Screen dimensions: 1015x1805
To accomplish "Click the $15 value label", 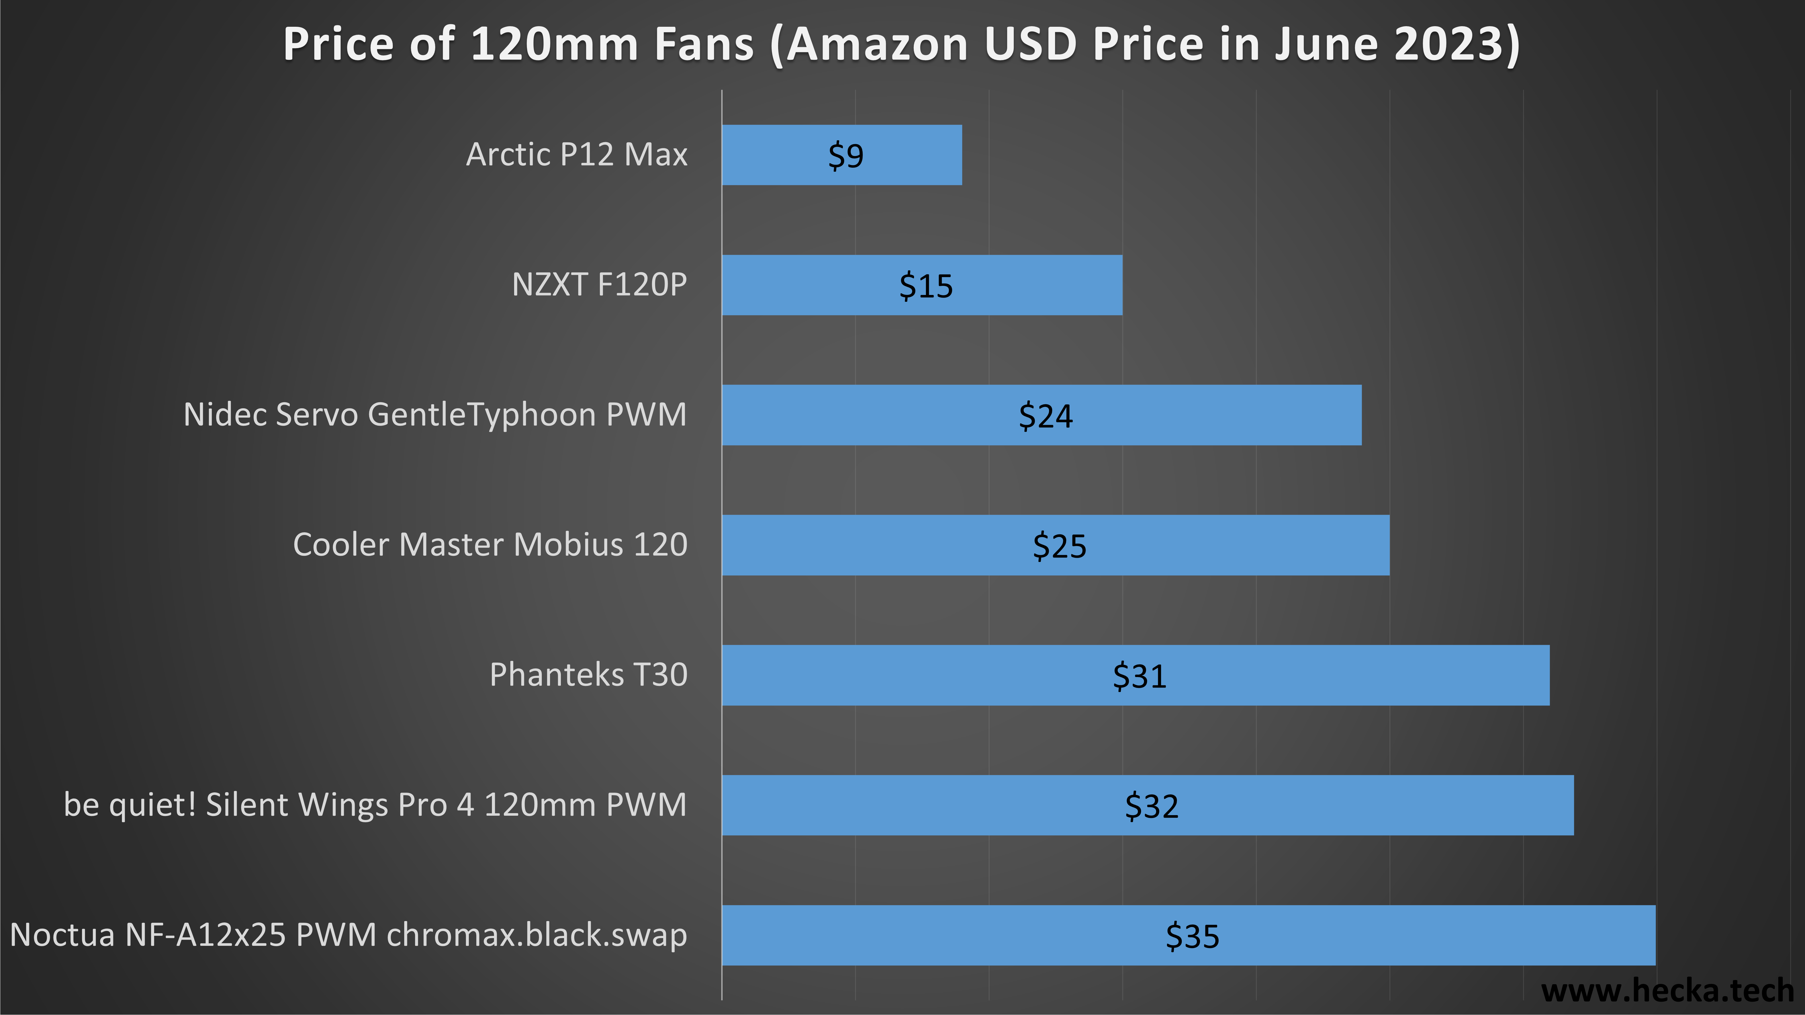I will point(926,286).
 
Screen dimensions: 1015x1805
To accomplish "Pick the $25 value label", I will point(1060,546).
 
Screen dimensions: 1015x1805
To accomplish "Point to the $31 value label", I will point(1139,676).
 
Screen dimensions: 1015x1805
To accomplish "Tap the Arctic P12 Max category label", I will point(577,154).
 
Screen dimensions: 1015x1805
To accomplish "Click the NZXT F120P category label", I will point(599,284).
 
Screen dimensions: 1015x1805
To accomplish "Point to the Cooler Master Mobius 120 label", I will point(490,544).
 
